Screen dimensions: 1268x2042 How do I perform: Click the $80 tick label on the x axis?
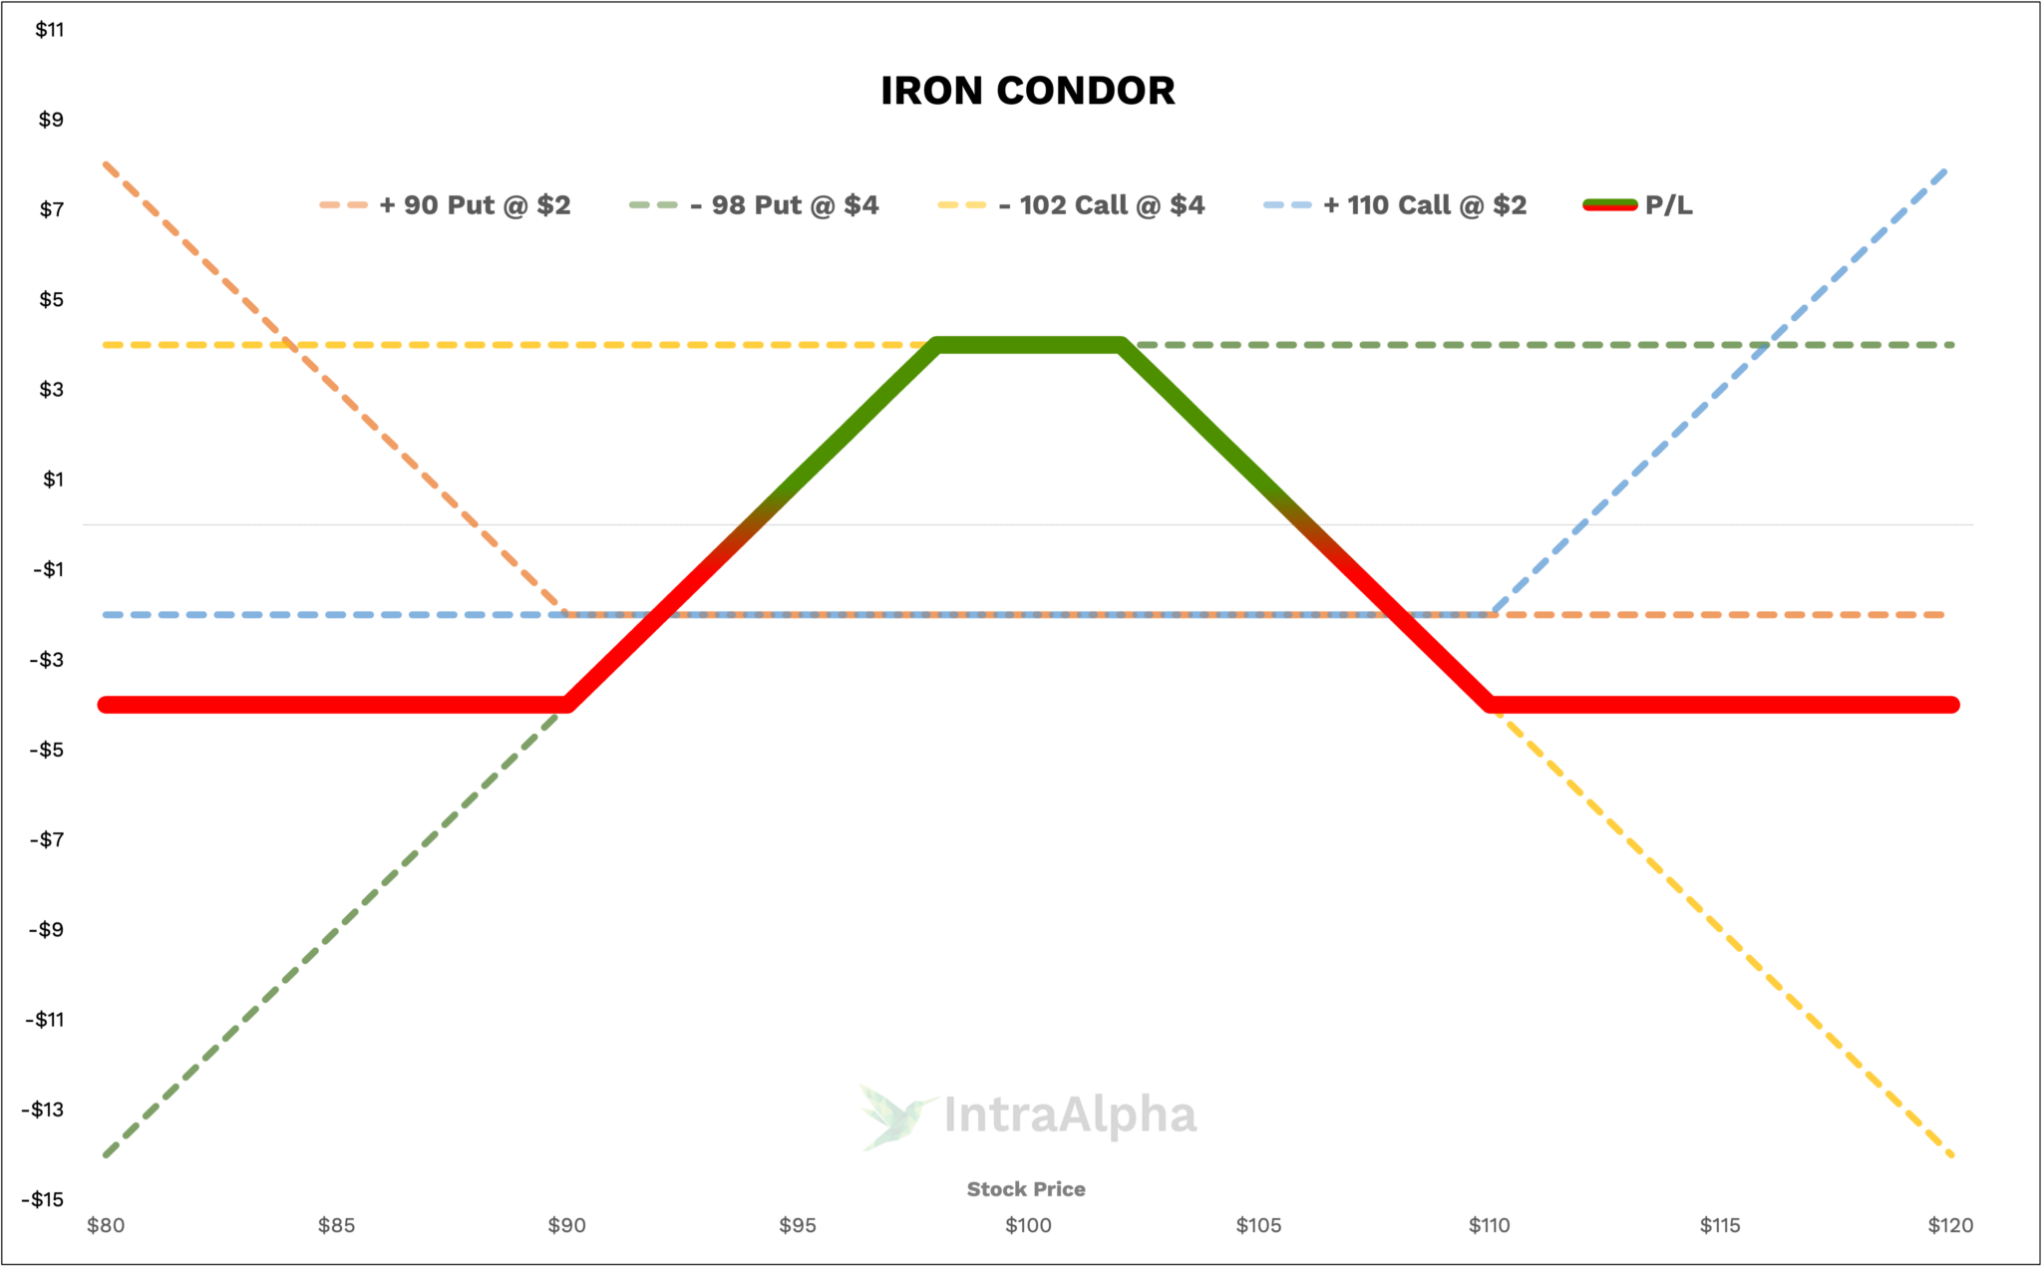[106, 1225]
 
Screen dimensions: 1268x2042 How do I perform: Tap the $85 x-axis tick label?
[337, 1225]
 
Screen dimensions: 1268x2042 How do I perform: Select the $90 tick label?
[567, 1225]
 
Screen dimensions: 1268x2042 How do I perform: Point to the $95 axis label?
[798, 1225]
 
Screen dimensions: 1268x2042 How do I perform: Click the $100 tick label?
[1028, 1225]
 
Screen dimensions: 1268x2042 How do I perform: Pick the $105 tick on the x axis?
[1258, 1225]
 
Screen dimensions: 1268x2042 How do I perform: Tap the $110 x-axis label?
[1490, 1225]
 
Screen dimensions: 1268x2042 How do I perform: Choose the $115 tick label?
[1720, 1225]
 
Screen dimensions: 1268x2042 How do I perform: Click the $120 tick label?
[1950, 1225]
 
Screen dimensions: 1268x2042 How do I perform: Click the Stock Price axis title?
[1026, 1189]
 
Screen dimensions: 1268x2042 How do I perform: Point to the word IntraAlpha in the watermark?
[1069, 1115]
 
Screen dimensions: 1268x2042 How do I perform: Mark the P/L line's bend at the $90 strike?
[568, 704]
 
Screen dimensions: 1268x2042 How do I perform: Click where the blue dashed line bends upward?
[1492, 613]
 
